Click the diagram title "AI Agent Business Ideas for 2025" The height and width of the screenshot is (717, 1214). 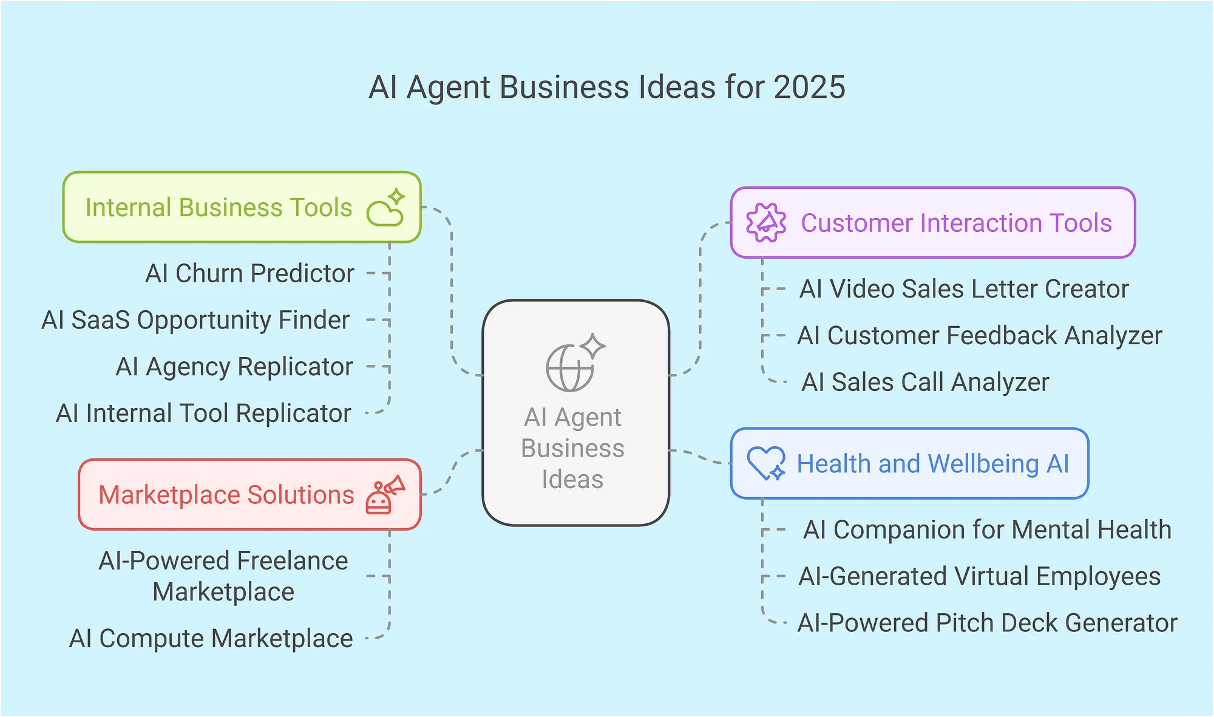[607, 87]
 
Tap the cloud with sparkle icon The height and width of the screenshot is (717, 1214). [386, 208]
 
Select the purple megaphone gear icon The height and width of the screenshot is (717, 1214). [766, 223]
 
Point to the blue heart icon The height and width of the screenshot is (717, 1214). [766, 463]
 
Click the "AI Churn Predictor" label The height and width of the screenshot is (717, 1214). [249, 273]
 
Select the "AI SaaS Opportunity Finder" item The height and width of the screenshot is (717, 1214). [195, 320]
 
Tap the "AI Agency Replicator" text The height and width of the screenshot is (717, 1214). [234, 367]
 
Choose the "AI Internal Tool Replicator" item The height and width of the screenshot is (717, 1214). [203, 413]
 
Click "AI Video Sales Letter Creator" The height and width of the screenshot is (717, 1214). [964, 289]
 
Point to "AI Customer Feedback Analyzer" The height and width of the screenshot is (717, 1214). [979, 336]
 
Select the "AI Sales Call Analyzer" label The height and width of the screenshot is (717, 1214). [925, 382]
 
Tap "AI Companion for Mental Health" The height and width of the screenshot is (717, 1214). [987, 529]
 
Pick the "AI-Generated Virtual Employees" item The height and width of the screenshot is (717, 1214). [979, 576]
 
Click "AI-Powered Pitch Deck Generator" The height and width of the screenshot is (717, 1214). [987, 623]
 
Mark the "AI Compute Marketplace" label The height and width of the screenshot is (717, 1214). [211, 639]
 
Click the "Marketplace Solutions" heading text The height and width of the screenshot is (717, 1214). [226, 495]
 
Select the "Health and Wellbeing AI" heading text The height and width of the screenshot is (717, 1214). [933, 464]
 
